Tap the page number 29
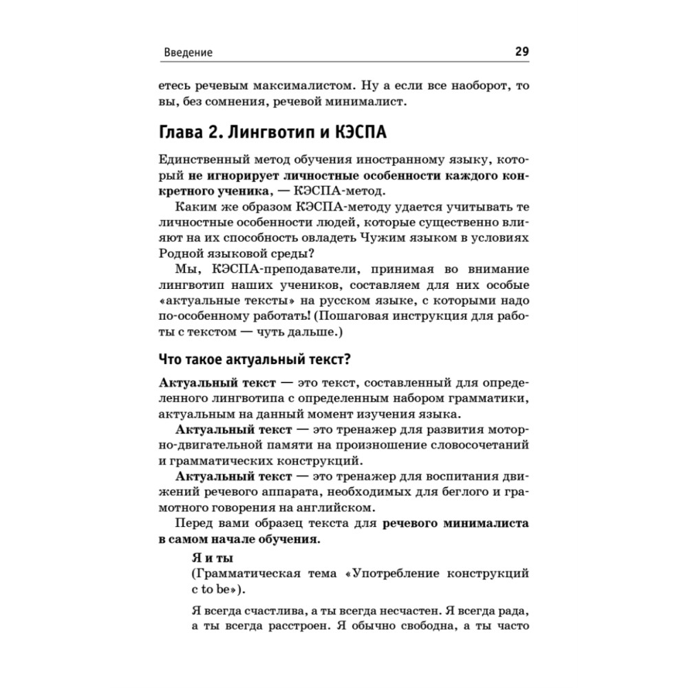[x=521, y=52]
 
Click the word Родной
[x=178, y=252]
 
